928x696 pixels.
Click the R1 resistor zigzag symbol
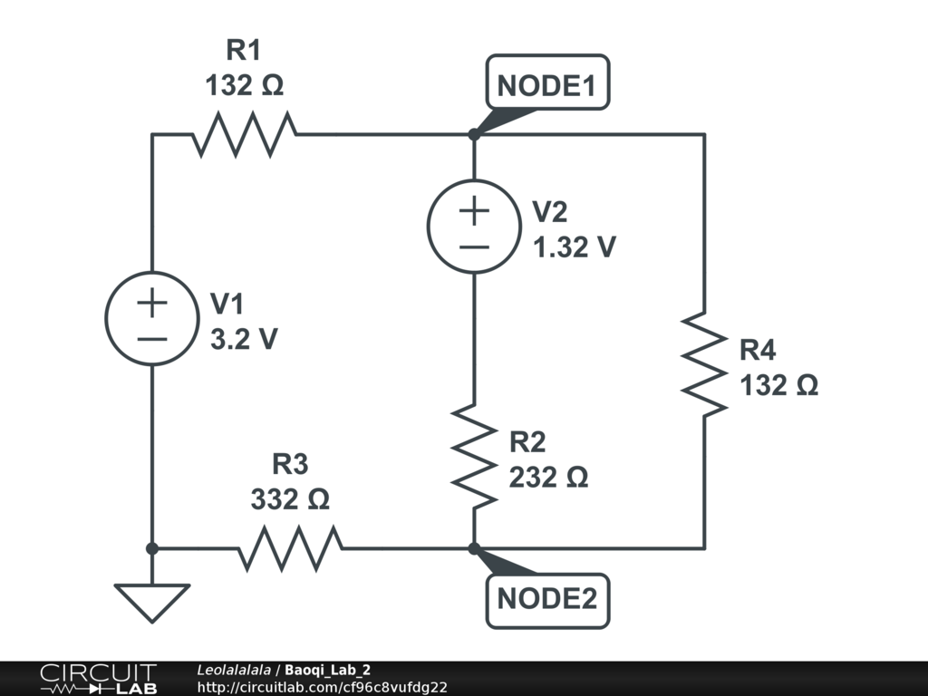click(244, 135)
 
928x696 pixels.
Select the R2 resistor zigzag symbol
click(474, 456)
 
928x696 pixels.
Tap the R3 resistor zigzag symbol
click(290, 548)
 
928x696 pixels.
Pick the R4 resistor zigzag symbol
click(704, 364)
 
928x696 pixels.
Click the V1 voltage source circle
click(152, 319)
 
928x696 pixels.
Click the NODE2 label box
click(547, 600)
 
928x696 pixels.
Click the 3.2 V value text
click(244, 339)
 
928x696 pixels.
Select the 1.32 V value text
click(575, 246)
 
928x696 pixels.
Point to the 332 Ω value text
click(290, 498)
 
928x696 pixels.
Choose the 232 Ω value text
click(548, 477)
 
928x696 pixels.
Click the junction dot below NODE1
click(474, 135)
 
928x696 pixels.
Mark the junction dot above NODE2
click(474, 548)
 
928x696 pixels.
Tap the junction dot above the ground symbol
click(152, 548)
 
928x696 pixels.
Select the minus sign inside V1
click(152, 339)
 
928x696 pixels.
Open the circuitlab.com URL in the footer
click(322, 687)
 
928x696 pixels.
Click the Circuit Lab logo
click(98, 679)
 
